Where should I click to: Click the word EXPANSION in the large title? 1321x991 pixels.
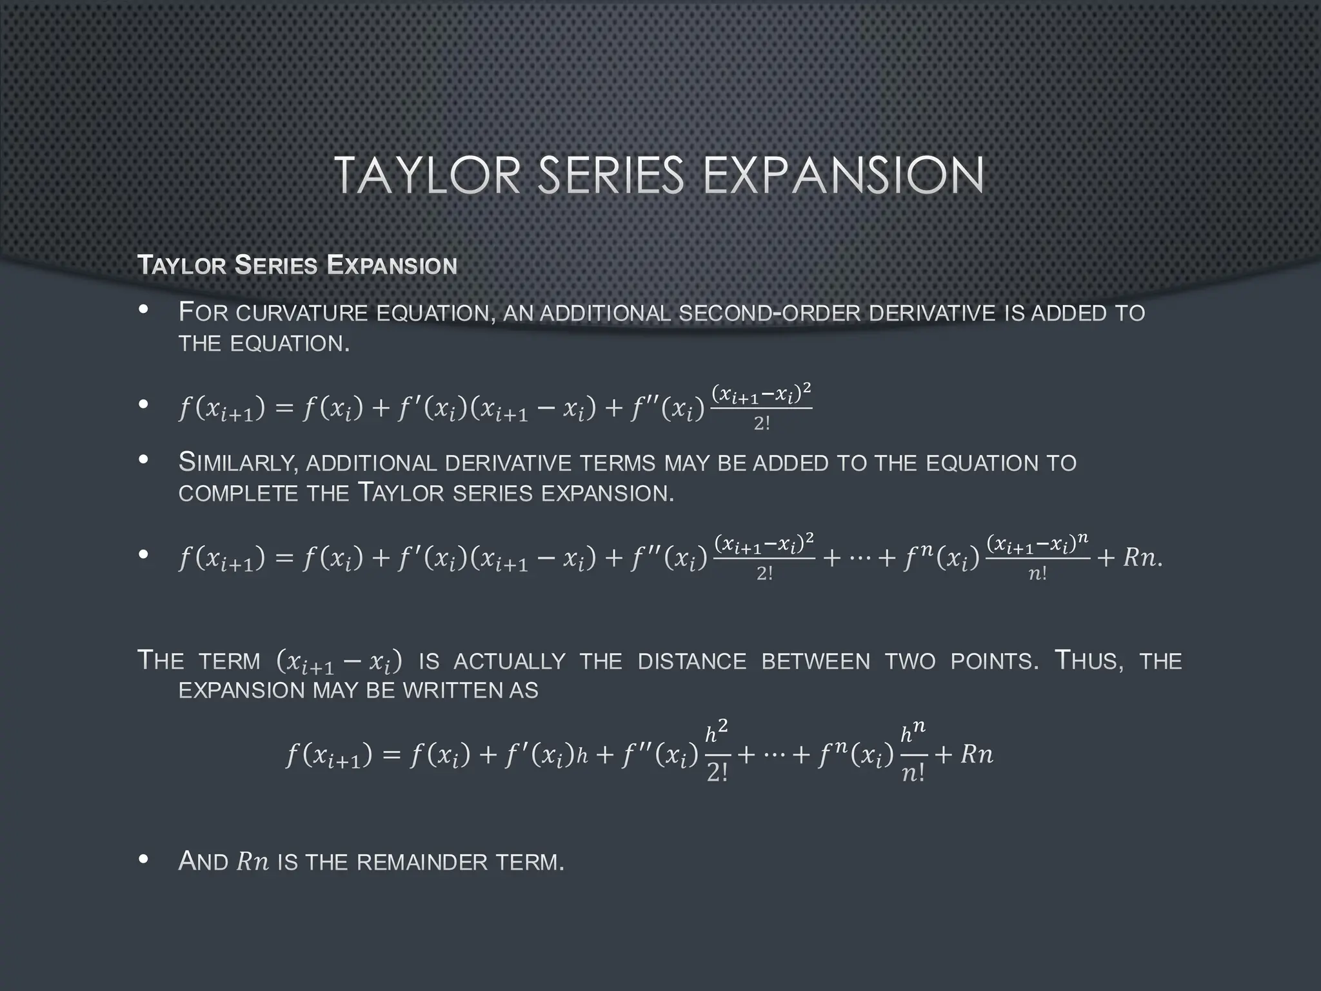[843, 175]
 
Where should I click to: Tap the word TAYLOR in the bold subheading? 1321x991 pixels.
[182, 265]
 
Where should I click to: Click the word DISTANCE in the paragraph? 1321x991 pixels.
[691, 661]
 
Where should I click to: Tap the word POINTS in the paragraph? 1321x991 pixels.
[994, 661]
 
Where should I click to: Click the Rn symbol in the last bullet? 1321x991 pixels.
[253, 862]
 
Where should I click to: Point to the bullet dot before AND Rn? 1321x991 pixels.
[144, 859]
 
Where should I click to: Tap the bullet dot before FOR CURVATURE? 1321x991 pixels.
[144, 310]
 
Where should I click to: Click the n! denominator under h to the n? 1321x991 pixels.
[913, 773]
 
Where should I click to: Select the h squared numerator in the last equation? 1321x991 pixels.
[717, 732]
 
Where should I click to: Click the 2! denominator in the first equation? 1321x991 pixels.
[762, 424]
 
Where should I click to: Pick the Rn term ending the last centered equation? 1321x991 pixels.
[977, 754]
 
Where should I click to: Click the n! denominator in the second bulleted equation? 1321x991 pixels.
[1037, 574]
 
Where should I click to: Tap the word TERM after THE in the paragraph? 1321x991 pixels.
[229, 661]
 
